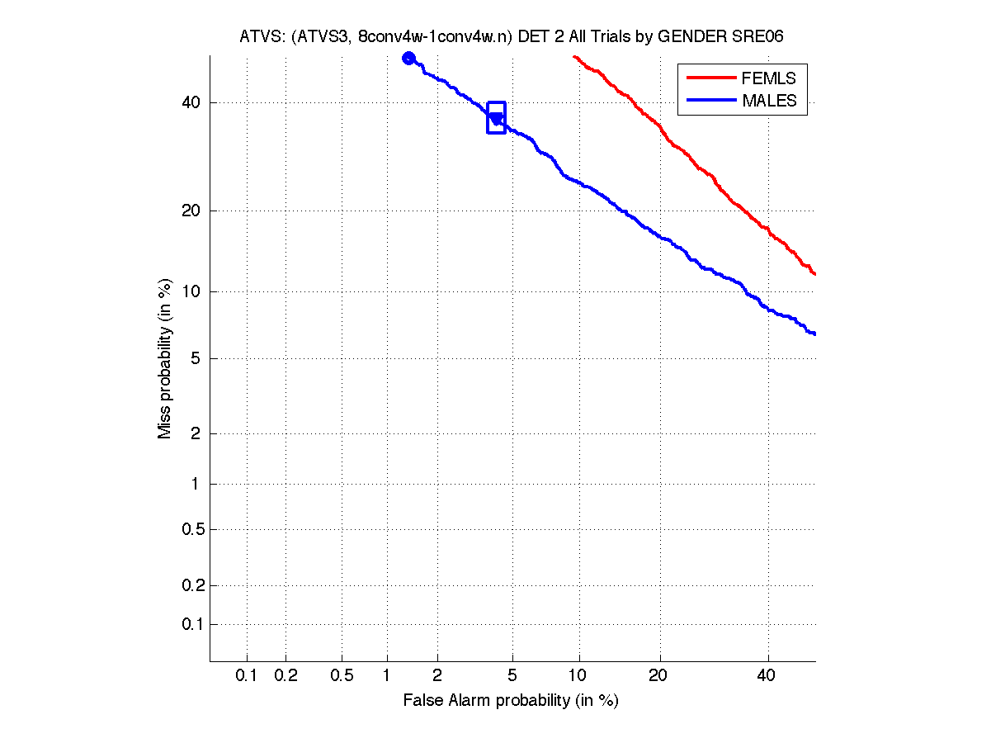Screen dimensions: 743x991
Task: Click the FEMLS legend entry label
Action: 768,78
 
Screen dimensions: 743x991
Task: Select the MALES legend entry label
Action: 769,101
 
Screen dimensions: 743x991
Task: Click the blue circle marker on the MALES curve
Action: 408,58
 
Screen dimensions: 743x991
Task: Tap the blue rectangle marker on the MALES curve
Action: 496,118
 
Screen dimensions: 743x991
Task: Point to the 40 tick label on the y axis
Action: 190,103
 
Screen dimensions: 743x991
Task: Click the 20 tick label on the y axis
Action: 190,211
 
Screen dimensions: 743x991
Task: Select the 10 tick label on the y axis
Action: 190,291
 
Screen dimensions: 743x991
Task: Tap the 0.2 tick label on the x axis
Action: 286,676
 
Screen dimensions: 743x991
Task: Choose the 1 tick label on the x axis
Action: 386,676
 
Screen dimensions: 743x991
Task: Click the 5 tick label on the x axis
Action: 513,676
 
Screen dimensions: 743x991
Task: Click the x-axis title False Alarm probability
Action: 510,701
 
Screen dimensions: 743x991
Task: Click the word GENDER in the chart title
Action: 705,37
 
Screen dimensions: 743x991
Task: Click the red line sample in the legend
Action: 710,78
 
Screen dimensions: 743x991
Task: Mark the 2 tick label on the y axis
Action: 194,433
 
